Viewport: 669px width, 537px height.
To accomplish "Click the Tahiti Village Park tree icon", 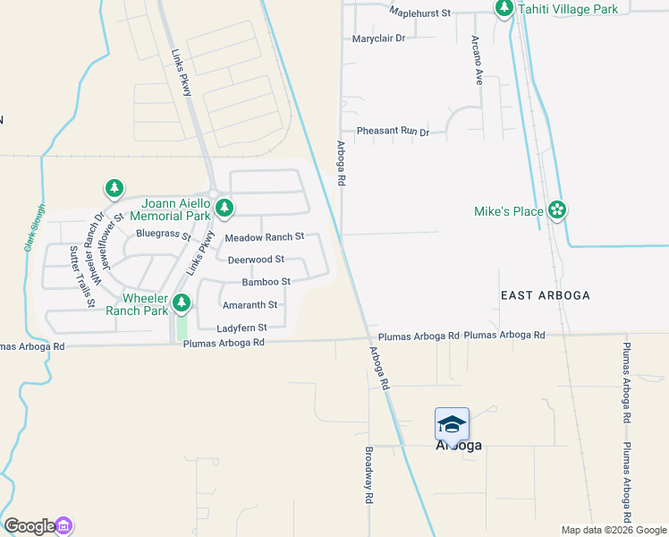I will coord(504,9).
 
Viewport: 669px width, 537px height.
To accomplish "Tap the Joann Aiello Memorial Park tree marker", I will coord(224,209).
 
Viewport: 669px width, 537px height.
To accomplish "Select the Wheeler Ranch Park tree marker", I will coord(182,303).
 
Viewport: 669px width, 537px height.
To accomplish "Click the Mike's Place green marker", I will coord(557,210).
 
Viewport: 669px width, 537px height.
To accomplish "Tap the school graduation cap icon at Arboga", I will coord(452,423).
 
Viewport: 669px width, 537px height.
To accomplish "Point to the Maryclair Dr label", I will coord(378,38).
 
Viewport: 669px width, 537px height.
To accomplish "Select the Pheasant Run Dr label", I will coord(393,132).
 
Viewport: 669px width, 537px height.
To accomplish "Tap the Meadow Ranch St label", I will coord(264,237).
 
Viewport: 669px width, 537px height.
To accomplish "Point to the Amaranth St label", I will coord(250,305).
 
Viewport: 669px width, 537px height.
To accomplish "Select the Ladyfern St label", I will coord(241,328).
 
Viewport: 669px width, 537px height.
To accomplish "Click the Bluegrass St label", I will coord(163,234).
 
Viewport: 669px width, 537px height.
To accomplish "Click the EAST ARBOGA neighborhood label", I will coord(546,295).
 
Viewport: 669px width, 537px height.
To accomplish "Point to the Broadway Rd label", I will coord(368,475).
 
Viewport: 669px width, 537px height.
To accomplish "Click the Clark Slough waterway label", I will coord(35,230).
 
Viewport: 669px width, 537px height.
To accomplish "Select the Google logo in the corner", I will coord(29,526).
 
